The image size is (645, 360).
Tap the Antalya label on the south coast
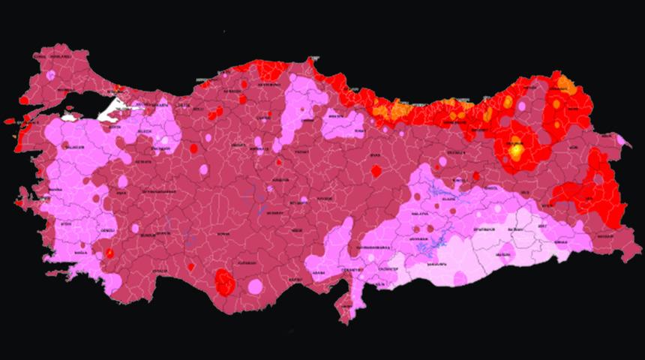(x=160, y=270)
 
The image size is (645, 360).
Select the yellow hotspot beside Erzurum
(x=516, y=151)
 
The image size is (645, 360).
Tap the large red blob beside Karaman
(x=224, y=283)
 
